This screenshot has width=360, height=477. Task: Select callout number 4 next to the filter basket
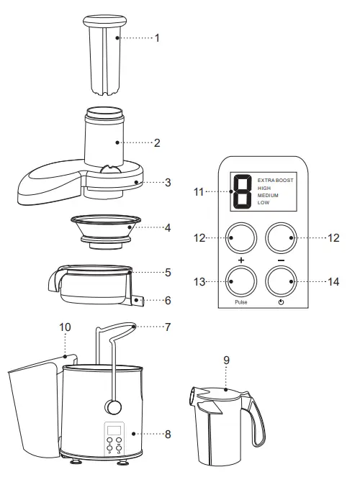(167, 227)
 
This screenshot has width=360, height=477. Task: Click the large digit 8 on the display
(242, 193)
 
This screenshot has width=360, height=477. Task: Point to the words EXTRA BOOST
(274, 178)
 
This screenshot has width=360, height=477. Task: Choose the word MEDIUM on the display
(268, 195)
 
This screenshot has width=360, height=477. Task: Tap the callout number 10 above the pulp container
(66, 327)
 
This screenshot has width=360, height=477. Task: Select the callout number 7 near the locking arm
(167, 327)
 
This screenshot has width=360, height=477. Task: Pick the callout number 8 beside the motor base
(167, 434)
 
